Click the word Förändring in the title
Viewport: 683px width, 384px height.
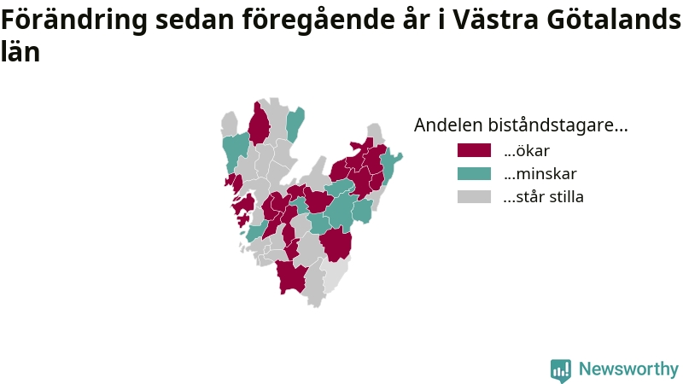click(74, 20)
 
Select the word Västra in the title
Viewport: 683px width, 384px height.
click(495, 19)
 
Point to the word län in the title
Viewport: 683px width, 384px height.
click(20, 51)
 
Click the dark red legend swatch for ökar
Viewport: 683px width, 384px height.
click(474, 150)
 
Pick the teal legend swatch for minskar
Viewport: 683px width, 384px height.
click(474, 173)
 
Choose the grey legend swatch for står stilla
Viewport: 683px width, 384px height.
click(474, 196)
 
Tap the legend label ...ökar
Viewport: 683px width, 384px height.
click(526, 151)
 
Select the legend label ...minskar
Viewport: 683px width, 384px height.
click(540, 174)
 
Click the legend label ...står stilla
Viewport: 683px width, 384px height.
click(543, 197)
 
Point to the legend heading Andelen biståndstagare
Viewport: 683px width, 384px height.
click(521, 125)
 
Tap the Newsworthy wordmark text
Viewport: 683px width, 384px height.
click(628, 369)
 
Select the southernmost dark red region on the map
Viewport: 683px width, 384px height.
click(291, 276)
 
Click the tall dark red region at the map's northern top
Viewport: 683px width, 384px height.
click(259, 123)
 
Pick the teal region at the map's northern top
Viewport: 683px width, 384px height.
click(295, 124)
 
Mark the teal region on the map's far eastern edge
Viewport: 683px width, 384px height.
click(390, 166)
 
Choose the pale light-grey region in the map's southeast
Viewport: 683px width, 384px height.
click(336, 274)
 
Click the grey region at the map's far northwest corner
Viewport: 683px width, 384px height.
click(229, 124)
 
